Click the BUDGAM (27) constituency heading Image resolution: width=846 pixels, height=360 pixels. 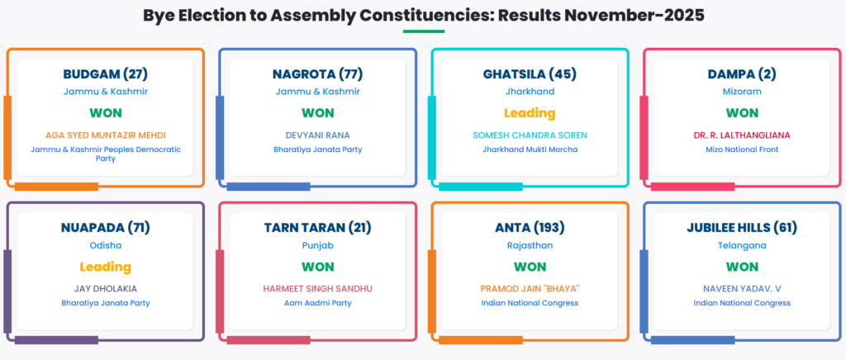point(105,73)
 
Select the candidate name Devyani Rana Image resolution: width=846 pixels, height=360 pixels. point(318,135)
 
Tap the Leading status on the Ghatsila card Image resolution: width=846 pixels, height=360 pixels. point(530,113)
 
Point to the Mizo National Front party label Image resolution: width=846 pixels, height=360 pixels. point(742,149)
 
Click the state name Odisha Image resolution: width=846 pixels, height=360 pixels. point(105,245)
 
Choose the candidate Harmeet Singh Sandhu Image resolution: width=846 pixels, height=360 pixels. point(318,288)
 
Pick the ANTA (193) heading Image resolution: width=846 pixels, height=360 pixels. point(530,228)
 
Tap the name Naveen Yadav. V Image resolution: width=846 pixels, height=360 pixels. point(742,288)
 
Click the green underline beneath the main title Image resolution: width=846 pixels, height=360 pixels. point(424,31)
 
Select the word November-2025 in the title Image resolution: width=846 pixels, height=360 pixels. point(634,15)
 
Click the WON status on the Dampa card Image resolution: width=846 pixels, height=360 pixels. point(742,113)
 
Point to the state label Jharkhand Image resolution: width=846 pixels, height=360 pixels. point(530,92)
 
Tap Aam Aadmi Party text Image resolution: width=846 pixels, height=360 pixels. point(318,303)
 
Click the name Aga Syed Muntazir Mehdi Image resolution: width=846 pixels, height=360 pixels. point(105,135)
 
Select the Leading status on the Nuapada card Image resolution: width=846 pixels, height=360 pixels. point(105,267)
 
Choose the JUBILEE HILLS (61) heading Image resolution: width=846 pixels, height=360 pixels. point(742,228)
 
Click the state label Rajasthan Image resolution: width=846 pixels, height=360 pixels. point(530,245)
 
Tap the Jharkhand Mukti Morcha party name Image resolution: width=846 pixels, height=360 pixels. point(530,149)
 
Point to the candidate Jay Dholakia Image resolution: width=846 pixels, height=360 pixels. point(105,288)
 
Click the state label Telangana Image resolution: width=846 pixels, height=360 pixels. point(742,245)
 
